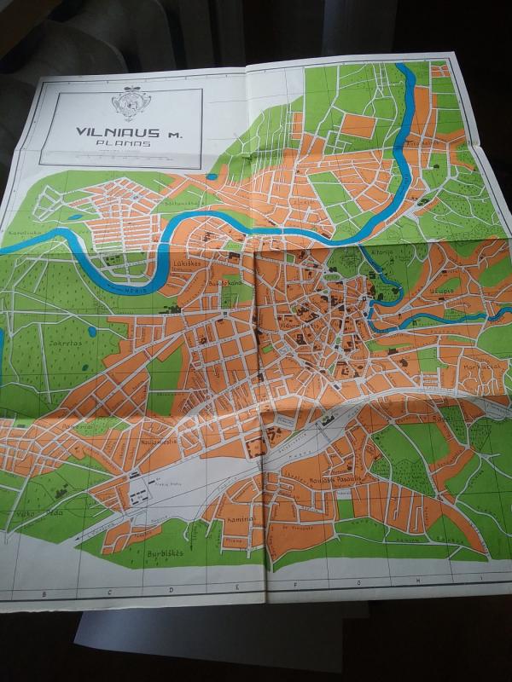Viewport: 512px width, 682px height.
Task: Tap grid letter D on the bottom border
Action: [x=172, y=590]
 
